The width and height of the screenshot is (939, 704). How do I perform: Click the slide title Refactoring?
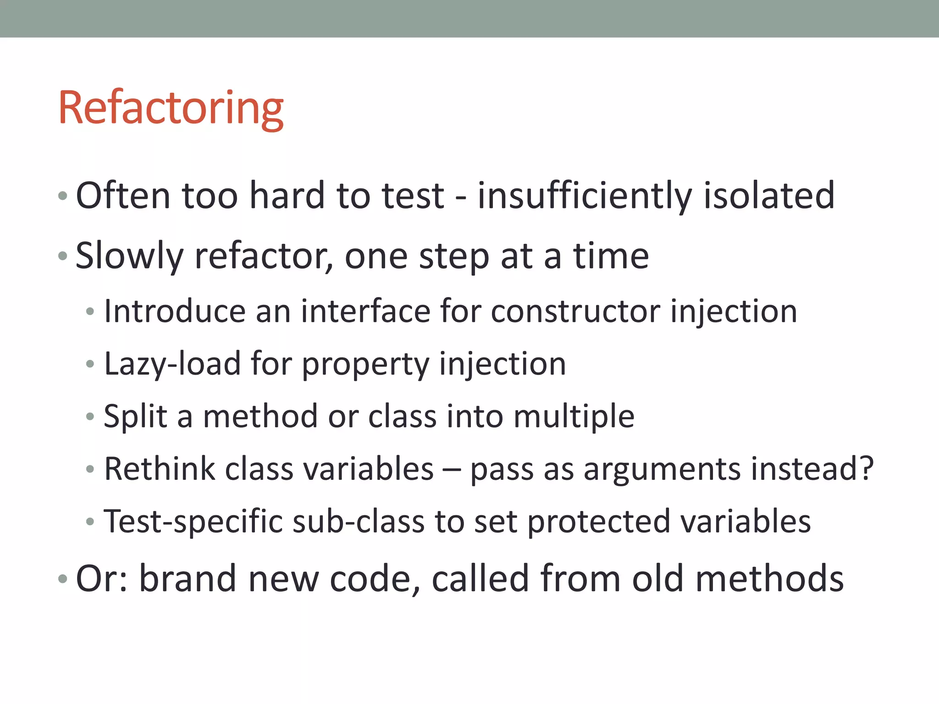171,108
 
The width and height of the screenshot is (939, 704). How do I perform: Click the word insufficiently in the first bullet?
584,196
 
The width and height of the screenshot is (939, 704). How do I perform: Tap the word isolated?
769,196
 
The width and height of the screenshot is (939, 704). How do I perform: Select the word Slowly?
129,257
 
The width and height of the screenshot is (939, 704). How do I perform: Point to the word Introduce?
175,312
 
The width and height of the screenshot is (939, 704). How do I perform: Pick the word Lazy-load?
172,364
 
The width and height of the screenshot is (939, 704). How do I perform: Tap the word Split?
135,417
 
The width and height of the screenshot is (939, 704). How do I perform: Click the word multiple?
574,417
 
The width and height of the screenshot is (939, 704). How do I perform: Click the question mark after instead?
866,469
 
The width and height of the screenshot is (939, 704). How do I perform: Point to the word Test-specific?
193,522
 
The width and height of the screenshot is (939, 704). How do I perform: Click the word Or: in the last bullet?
102,578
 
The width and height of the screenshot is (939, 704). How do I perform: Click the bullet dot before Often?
63,197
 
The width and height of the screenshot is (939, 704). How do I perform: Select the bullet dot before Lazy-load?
90,364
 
